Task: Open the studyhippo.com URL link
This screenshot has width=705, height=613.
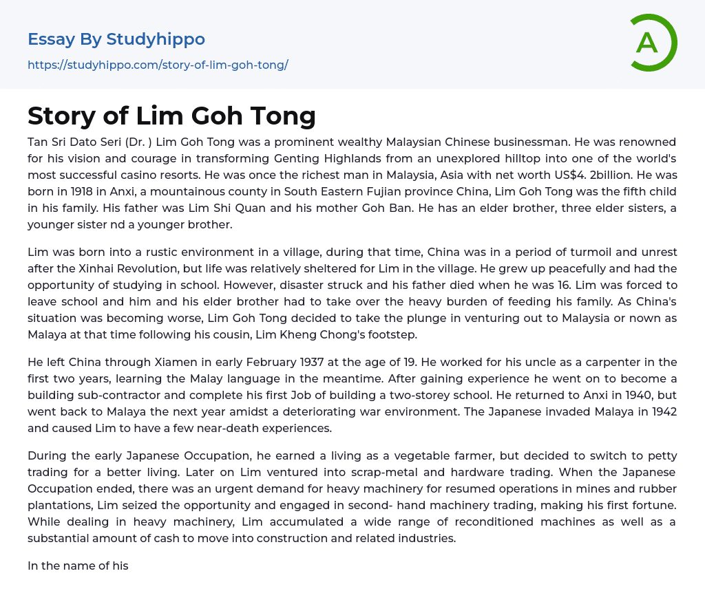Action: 158,65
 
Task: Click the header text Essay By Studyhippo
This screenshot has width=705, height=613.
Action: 116,39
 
